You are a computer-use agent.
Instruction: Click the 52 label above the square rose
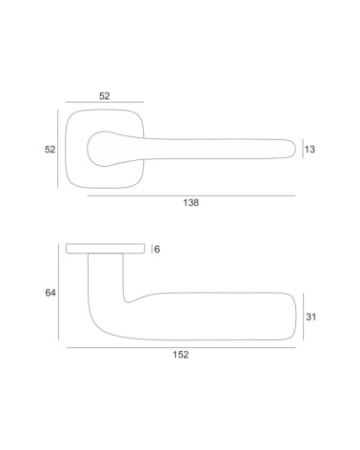pyautogui.click(x=105, y=96)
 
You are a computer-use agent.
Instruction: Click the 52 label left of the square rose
pyautogui.click(x=50, y=149)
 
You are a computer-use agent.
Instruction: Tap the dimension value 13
pyautogui.click(x=310, y=149)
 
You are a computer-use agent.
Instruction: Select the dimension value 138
pyautogui.click(x=191, y=202)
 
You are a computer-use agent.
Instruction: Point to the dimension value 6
pyautogui.click(x=157, y=250)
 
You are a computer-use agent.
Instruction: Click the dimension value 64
pyautogui.click(x=50, y=293)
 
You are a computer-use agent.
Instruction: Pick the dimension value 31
pyautogui.click(x=310, y=317)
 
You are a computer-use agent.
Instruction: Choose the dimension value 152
pyautogui.click(x=181, y=355)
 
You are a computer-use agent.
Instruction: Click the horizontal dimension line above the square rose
pyautogui.click(x=105, y=102)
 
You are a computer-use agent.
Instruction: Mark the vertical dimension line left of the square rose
pyautogui.click(x=58, y=149)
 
